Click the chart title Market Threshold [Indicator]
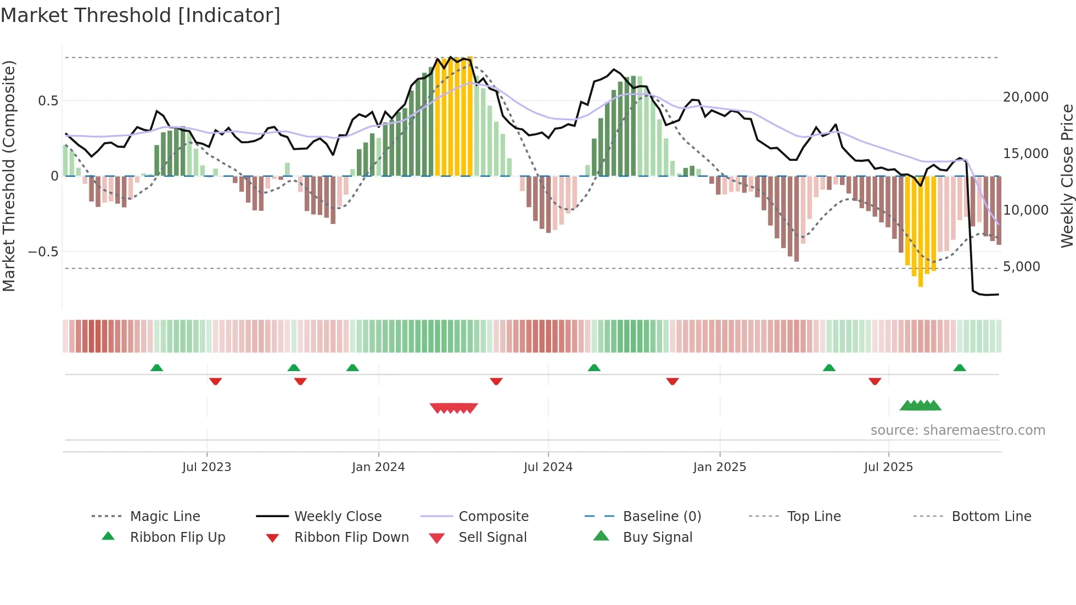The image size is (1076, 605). [x=141, y=15]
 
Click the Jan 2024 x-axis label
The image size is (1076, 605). [x=378, y=467]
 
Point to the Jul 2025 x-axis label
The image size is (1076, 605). [x=888, y=467]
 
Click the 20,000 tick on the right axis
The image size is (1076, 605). [x=1025, y=97]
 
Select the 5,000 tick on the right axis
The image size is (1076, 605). [x=1021, y=267]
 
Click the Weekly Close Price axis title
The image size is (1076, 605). [x=1067, y=176]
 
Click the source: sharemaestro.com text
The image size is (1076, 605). [x=957, y=430]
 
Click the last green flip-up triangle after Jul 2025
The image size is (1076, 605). [x=960, y=368]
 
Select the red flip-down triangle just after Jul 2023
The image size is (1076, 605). [x=215, y=381]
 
